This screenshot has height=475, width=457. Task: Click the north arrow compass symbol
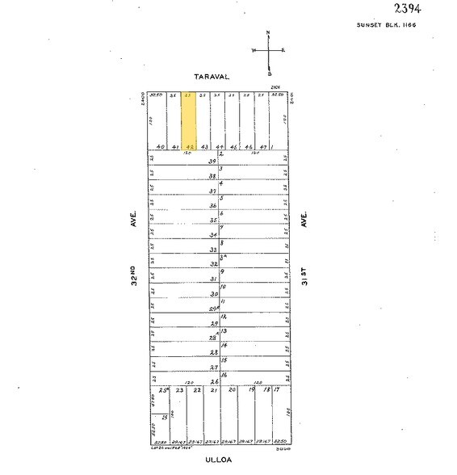269,50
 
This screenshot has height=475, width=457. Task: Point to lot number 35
214,221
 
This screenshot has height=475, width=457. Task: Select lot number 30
214,293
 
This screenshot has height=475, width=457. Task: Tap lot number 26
214,381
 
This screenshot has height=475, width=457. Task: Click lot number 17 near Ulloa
276,390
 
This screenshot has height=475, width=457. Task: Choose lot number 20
232,390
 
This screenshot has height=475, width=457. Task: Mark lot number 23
180,390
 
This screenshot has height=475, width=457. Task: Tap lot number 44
219,147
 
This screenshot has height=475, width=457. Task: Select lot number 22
196,390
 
